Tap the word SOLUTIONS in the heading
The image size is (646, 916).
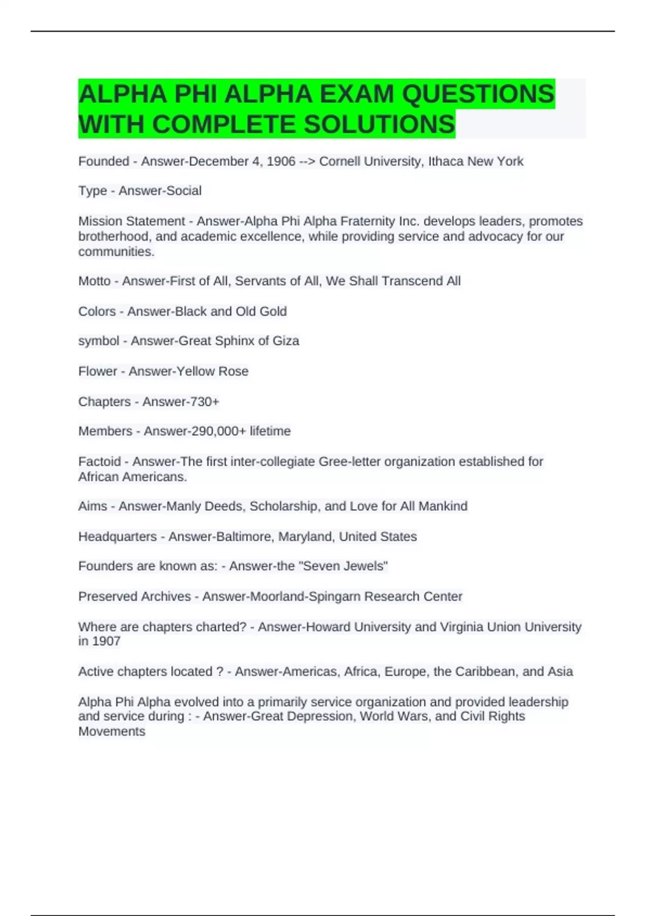pos(379,124)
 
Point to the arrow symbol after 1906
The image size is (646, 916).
pos(307,162)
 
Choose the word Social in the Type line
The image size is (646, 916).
pos(184,191)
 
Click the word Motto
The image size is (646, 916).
pos(94,281)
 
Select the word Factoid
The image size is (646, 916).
pos(100,462)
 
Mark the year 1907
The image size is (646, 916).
pos(106,641)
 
